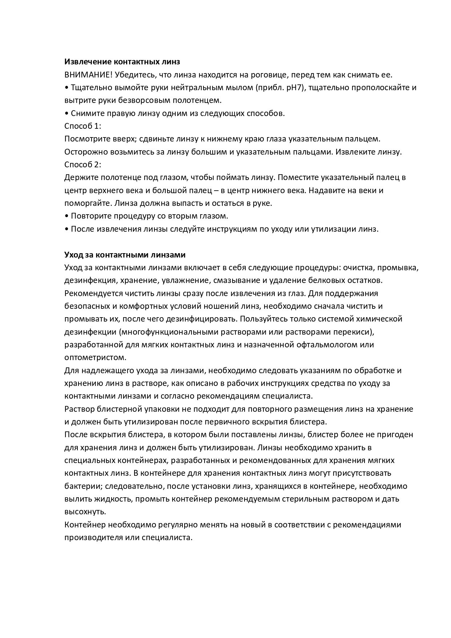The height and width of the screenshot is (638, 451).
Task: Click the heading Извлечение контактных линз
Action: pyautogui.click(x=122, y=62)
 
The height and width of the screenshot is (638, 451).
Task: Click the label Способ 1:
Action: pyautogui.click(x=82, y=126)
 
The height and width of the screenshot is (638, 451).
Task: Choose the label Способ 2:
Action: pyautogui.click(x=82, y=165)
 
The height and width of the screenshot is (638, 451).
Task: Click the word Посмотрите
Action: pyautogui.click(x=86, y=139)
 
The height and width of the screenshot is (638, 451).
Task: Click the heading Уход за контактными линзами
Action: pyautogui.click(x=125, y=255)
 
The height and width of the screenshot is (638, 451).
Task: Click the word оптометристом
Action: pyautogui.click(x=95, y=358)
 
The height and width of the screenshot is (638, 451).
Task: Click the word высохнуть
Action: pyautogui.click(x=85, y=512)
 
